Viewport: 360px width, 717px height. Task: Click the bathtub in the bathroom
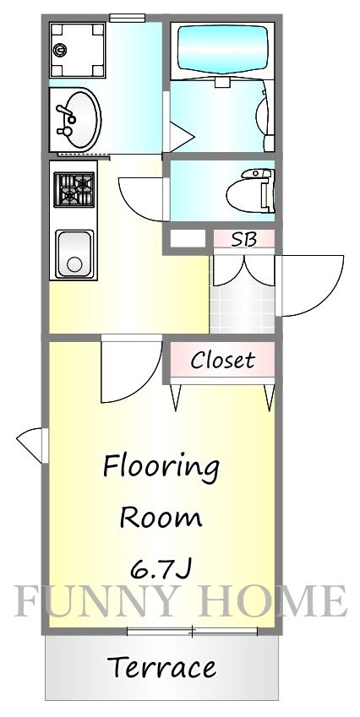(222, 49)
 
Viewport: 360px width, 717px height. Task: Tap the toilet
(251, 191)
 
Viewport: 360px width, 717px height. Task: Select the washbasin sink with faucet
(75, 120)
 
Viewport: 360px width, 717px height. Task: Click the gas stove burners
(74, 190)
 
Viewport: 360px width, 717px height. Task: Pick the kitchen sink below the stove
(74, 254)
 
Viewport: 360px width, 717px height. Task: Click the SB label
(244, 240)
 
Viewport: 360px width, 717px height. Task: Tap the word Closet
(222, 360)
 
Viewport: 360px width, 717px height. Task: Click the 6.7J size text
(161, 569)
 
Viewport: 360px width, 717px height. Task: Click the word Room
(161, 519)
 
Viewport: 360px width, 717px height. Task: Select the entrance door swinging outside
(310, 285)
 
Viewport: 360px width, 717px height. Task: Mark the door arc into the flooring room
(132, 369)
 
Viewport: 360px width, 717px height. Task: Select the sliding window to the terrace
(192, 632)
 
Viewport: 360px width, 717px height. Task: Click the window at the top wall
(127, 18)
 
